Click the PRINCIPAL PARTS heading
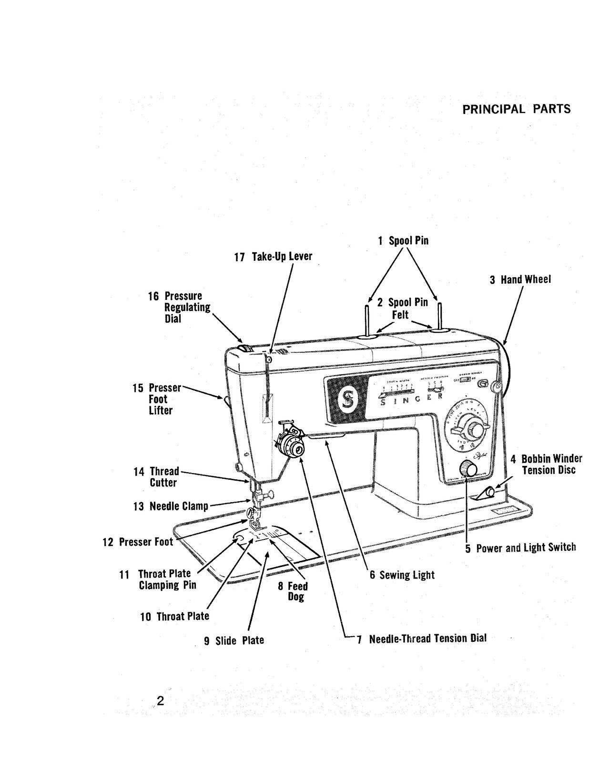[516, 109]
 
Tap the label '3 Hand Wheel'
[520, 279]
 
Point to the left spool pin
[366, 320]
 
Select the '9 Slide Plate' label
[234, 640]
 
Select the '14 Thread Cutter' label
[156, 477]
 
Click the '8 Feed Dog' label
[293, 591]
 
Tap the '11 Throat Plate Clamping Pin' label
[158, 579]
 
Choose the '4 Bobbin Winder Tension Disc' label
[546, 464]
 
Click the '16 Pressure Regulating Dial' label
[179, 307]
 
